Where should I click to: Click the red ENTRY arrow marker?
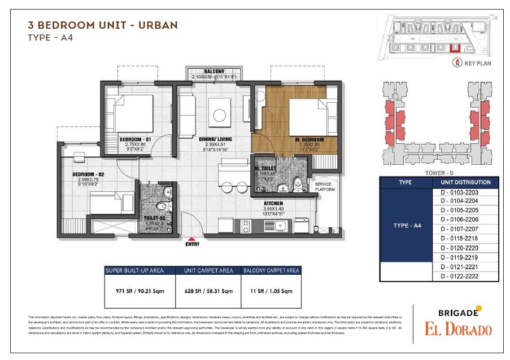click(x=192, y=239)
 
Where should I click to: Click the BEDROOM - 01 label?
click(x=136, y=139)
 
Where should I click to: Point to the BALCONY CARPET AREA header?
click(x=271, y=271)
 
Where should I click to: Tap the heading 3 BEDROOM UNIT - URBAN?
click(x=102, y=25)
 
